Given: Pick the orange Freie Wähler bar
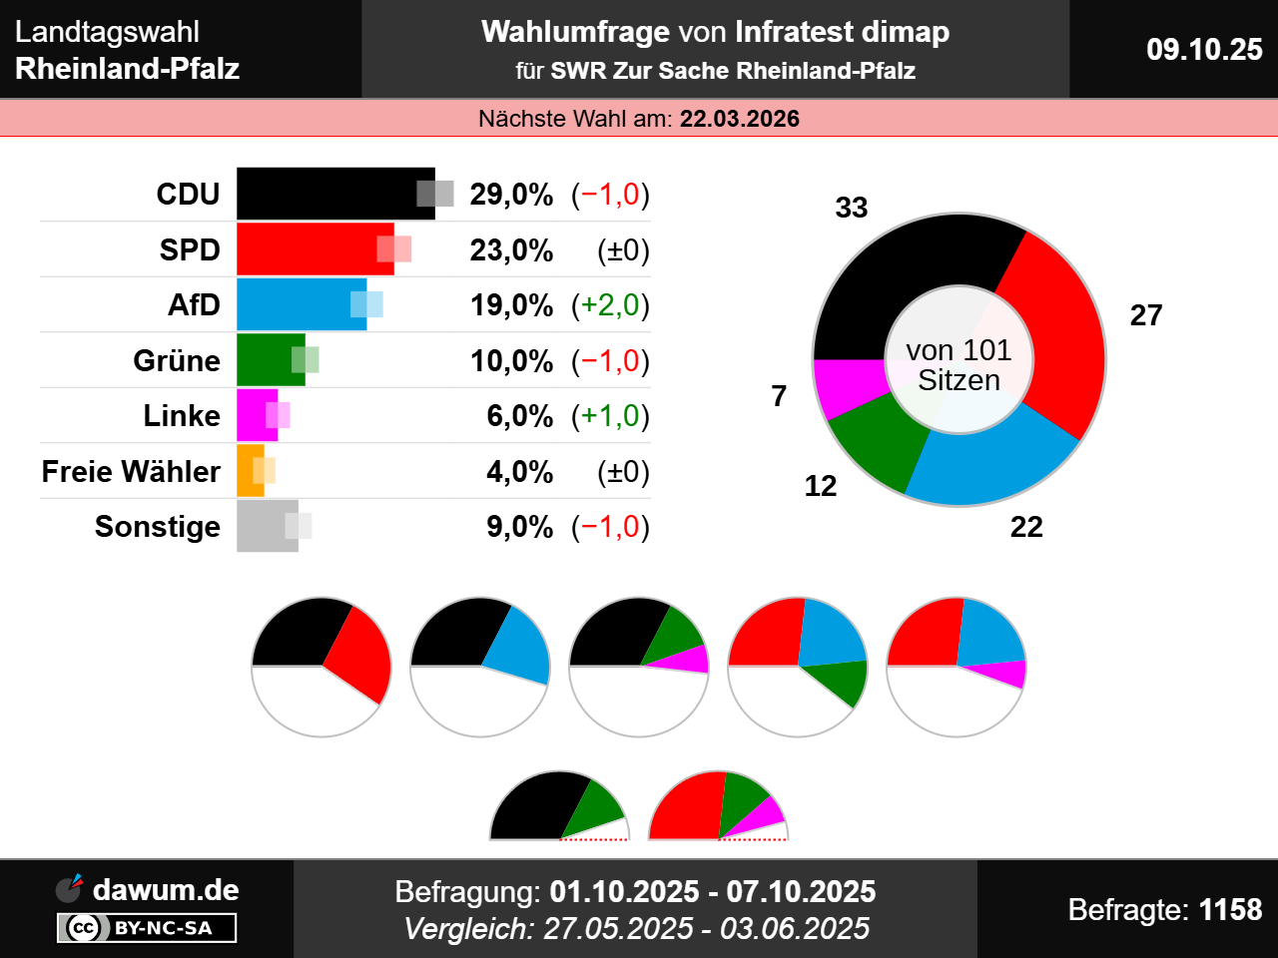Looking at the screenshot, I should tap(248, 471).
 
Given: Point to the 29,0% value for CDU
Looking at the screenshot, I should tap(511, 194).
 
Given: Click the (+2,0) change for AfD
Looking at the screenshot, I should tap(610, 304).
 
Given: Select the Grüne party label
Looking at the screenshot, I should tap(177, 360).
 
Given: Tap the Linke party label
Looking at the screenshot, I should tap(182, 415).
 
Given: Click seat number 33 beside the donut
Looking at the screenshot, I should tap(852, 208).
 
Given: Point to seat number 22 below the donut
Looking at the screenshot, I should tap(1026, 527).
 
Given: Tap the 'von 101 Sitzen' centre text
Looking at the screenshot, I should tap(958, 365).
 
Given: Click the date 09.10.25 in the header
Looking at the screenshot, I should tap(1204, 49).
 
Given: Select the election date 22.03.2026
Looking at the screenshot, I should tap(740, 119).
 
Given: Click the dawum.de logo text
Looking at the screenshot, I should tap(166, 889).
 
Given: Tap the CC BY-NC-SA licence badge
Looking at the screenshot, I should tap(147, 928).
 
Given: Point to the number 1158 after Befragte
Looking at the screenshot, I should tap(1230, 909).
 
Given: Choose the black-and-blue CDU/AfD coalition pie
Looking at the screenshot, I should tap(480, 667).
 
